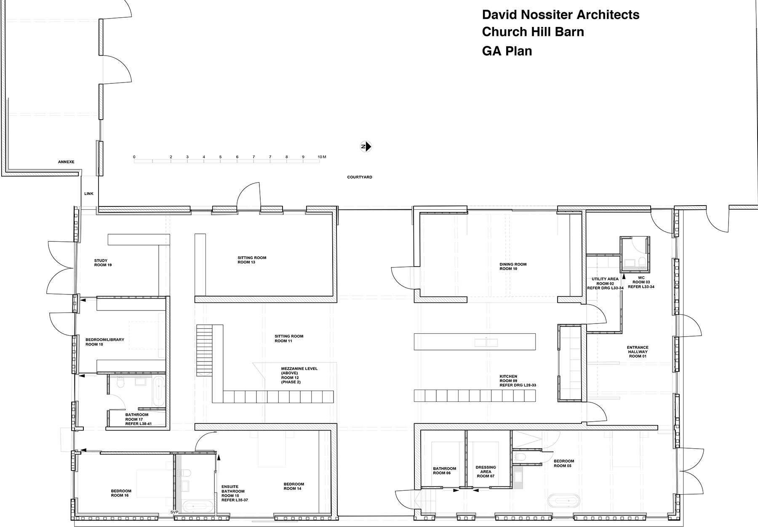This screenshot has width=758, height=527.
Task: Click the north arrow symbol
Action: point(366,147)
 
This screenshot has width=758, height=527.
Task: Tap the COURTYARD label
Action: point(360,177)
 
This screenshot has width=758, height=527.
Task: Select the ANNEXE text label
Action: point(66,162)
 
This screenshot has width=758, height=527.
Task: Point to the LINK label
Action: point(89,194)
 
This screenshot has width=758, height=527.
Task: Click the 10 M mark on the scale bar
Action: point(322,157)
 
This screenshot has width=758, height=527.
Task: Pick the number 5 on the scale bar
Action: point(220,157)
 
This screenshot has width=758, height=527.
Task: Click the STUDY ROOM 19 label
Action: point(103,263)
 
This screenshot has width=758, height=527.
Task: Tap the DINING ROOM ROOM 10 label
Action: point(513,267)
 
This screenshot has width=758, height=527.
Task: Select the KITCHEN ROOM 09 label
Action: point(518,381)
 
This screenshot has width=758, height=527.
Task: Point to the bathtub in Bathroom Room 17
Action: point(158,392)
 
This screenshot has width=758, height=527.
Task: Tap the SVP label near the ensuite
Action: point(174,512)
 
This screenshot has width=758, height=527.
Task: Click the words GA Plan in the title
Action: point(507,51)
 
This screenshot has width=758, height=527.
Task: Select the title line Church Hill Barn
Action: point(533,32)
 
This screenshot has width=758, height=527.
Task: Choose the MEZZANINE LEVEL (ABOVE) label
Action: point(299,371)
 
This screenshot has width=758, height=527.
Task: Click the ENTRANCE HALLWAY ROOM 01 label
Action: point(637,352)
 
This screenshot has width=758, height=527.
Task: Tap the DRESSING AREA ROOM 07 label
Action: point(486,471)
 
